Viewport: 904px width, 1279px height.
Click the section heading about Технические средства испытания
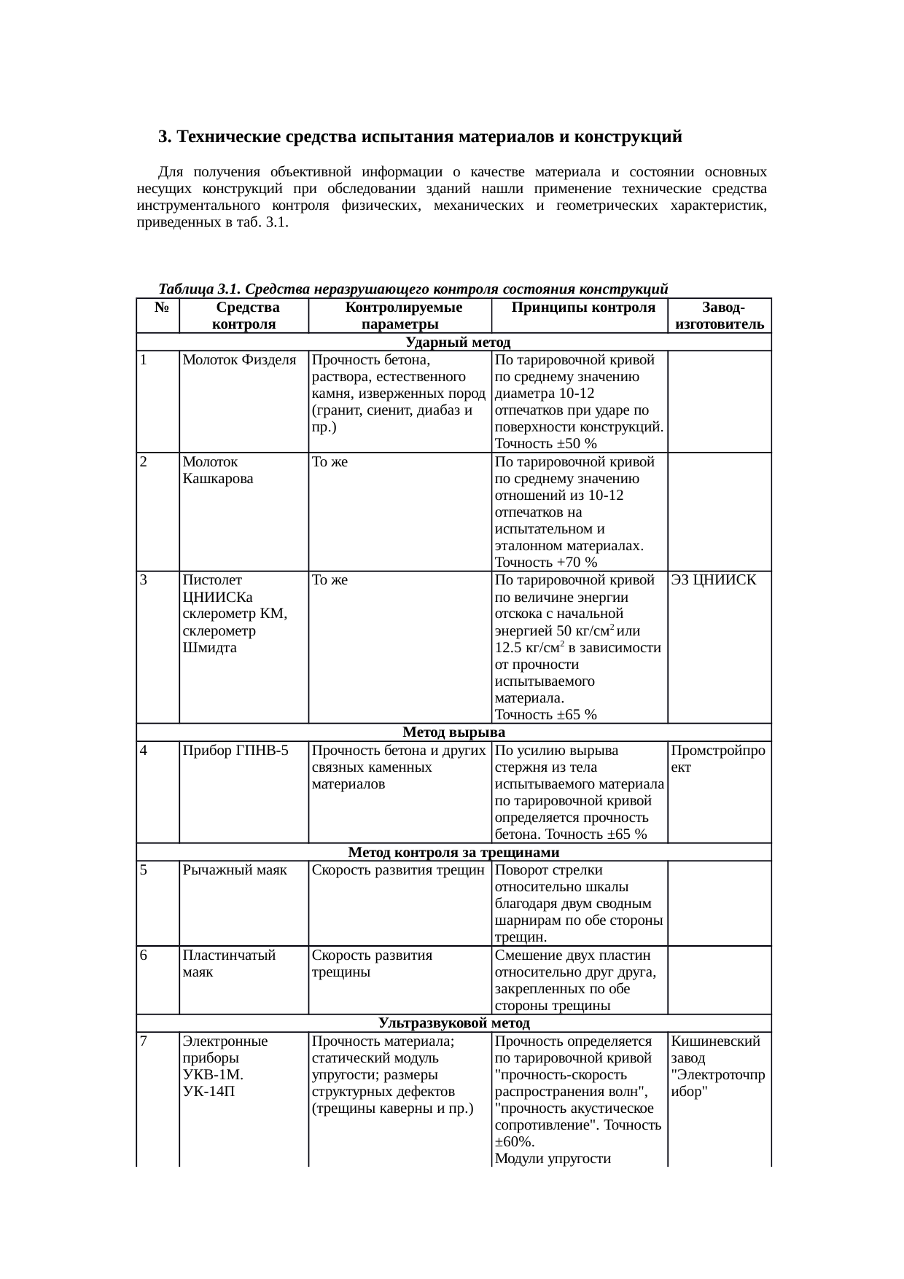click(420, 137)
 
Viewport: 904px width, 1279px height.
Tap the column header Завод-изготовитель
click(720, 316)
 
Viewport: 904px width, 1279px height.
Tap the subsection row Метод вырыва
click(453, 732)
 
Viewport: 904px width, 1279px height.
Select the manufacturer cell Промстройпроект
click(718, 759)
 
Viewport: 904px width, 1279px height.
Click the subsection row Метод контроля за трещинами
click(453, 853)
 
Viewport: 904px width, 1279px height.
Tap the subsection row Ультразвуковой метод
click(453, 1023)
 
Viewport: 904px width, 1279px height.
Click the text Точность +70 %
click(545, 562)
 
